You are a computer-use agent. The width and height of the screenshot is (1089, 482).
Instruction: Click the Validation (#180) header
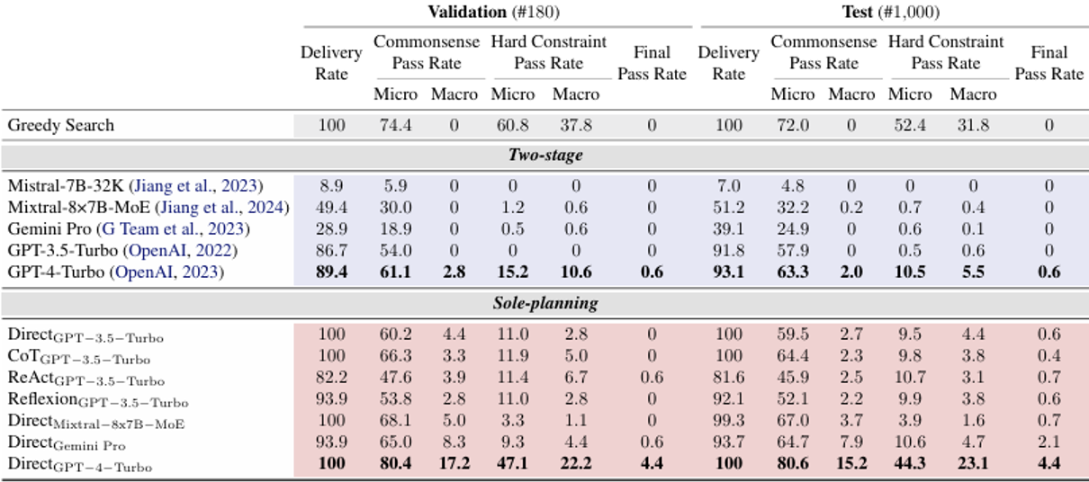pyautogui.click(x=495, y=12)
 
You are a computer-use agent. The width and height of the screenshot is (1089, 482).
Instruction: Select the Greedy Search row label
pyautogui.click(x=61, y=125)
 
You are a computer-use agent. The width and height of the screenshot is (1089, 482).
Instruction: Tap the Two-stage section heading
pyautogui.click(x=544, y=155)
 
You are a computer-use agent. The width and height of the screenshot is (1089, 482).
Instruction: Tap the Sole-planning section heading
pyautogui.click(x=544, y=303)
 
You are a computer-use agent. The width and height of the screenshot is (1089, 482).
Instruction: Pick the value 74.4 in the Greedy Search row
pyautogui.click(x=395, y=125)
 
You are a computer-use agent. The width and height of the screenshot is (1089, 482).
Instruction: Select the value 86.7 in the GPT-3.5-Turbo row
pyautogui.click(x=331, y=250)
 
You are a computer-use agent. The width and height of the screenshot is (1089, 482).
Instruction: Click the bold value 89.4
pyautogui.click(x=331, y=272)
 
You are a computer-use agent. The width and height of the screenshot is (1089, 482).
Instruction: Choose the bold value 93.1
pyautogui.click(x=728, y=272)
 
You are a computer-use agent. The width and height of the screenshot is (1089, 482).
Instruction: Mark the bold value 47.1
pyautogui.click(x=513, y=464)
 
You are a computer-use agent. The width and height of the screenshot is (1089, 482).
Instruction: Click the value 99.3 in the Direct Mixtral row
pyautogui.click(x=728, y=422)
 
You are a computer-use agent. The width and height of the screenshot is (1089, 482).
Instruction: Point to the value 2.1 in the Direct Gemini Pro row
pyautogui.click(x=1048, y=443)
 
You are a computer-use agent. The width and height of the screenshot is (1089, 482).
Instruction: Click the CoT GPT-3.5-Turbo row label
pyautogui.click(x=79, y=358)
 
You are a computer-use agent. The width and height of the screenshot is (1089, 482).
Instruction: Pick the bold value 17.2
pyautogui.click(x=454, y=464)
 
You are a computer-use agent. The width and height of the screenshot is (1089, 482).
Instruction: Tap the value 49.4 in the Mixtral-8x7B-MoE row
pyautogui.click(x=331, y=208)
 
